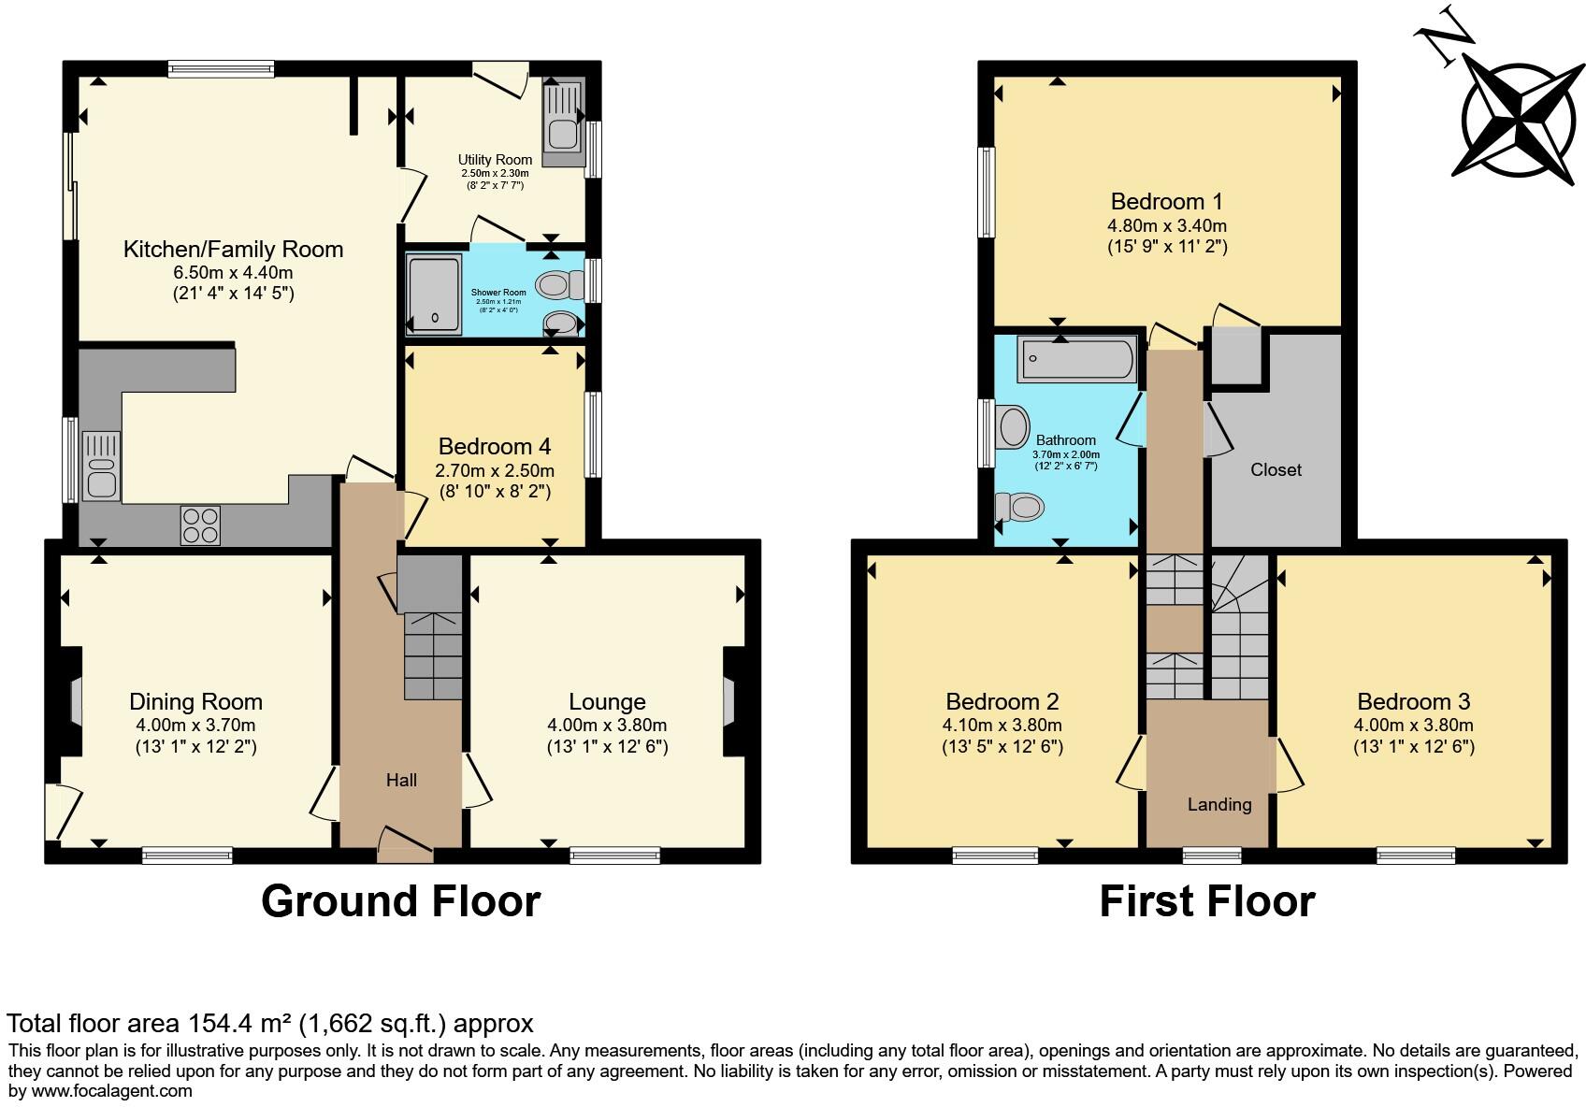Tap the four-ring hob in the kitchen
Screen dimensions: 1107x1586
click(199, 525)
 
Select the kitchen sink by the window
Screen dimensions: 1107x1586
click(100, 465)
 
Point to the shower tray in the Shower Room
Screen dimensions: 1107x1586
click(435, 293)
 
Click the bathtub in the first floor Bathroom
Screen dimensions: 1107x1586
click(1077, 359)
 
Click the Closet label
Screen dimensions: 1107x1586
click(1276, 470)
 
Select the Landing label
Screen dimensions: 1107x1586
click(1219, 804)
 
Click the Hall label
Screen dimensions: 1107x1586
click(401, 780)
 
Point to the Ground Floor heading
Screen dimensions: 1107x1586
click(400, 901)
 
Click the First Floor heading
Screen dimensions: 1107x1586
click(1206, 901)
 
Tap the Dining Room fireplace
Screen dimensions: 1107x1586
click(71, 701)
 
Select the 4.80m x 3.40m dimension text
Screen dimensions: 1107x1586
click(1166, 225)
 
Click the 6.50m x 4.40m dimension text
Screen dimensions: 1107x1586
click(233, 273)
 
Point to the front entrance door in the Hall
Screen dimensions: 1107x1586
click(405, 844)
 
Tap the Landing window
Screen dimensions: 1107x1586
click(1212, 854)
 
